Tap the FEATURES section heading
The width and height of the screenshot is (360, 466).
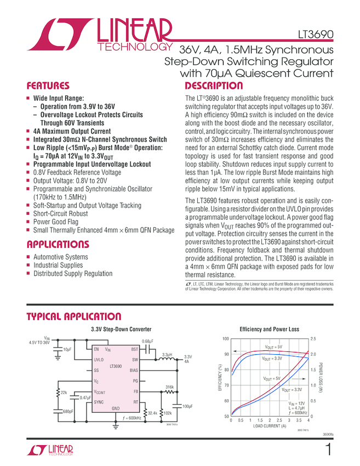48,86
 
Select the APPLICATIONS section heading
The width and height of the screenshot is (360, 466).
58,245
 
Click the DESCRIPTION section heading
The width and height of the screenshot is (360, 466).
214,86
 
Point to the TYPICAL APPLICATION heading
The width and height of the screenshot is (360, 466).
74,317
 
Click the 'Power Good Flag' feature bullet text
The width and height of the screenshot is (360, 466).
55,222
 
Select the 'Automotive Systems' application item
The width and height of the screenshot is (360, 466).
60,257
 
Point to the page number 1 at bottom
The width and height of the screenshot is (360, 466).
328,451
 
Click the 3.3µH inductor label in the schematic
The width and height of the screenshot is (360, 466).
167,355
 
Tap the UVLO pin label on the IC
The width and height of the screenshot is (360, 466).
99,360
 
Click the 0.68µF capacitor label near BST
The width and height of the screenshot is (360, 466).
147,342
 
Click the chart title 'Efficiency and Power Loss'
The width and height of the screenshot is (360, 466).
269,329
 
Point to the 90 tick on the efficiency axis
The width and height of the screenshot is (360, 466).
225,354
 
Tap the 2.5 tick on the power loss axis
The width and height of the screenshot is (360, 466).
314,339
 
